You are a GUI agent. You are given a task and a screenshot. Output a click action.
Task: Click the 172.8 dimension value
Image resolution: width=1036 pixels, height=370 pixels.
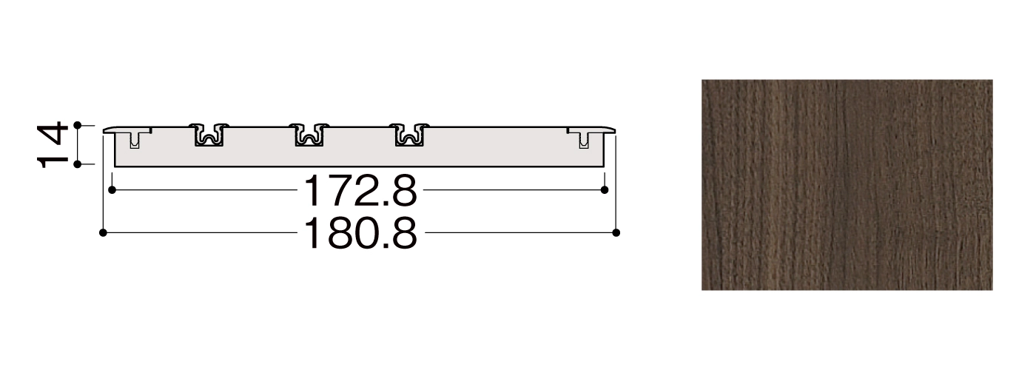(x=360, y=190)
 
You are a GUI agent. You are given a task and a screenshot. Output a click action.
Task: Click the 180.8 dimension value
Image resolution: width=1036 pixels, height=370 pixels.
(x=360, y=233)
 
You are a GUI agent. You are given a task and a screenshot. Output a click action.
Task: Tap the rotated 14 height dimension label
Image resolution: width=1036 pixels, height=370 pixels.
(x=52, y=145)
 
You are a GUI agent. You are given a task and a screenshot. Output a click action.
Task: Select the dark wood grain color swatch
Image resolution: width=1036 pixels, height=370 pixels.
(x=847, y=185)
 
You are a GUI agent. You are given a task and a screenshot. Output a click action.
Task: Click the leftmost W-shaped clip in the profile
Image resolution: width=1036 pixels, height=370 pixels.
(x=209, y=135)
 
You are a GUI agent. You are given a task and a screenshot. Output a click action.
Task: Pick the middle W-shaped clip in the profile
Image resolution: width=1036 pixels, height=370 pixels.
(x=309, y=135)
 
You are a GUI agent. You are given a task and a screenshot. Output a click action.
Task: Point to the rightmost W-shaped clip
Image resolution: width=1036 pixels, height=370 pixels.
(x=408, y=135)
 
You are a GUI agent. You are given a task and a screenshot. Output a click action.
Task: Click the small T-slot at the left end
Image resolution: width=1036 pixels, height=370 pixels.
(x=134, y=139)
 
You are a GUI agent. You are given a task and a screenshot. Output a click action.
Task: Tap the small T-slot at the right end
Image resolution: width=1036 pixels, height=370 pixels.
(x=584, y=139)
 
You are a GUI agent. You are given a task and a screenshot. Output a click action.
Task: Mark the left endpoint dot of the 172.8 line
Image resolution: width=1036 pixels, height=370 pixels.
(x=112, y=190)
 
